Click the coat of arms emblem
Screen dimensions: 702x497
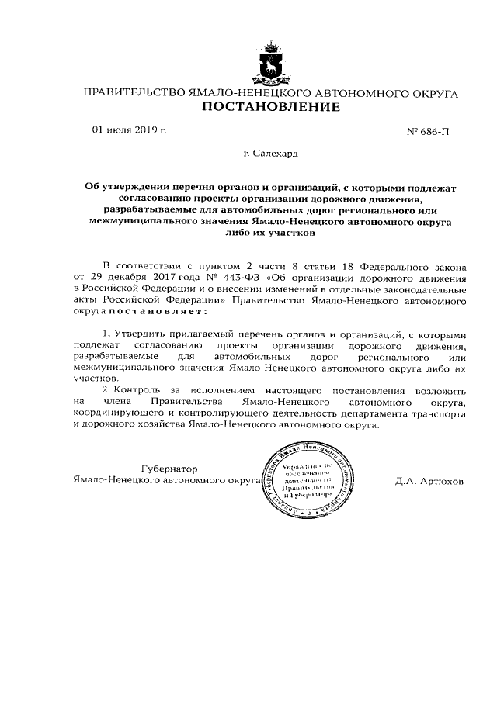pyautogui.click(x=271, y=64)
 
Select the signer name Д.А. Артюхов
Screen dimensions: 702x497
pyautogui.click(x=429, y=481)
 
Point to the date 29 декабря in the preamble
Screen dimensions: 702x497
pyautogui.click(x=116, y=277)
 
